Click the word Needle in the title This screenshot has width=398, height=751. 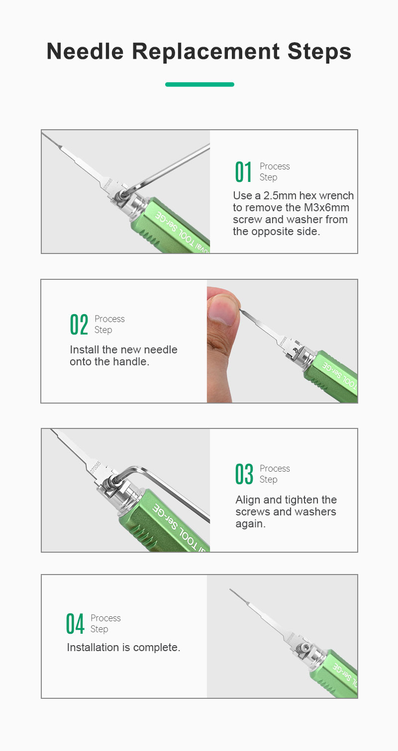[x=85, y=51]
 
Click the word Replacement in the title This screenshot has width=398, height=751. [x=205, y=51]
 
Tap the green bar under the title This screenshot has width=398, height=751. [x=199, y=84]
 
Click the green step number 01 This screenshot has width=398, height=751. [x=243, y=172]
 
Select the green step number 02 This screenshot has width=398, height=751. [x=79, y=325]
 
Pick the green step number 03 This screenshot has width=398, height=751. [x=244, y=474]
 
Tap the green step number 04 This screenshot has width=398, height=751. [x=75, y=624]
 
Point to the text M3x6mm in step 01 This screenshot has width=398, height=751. [x=326, y=208]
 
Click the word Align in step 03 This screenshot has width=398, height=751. [x=248, y=500]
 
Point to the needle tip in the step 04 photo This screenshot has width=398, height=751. [x=230, y=589]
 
